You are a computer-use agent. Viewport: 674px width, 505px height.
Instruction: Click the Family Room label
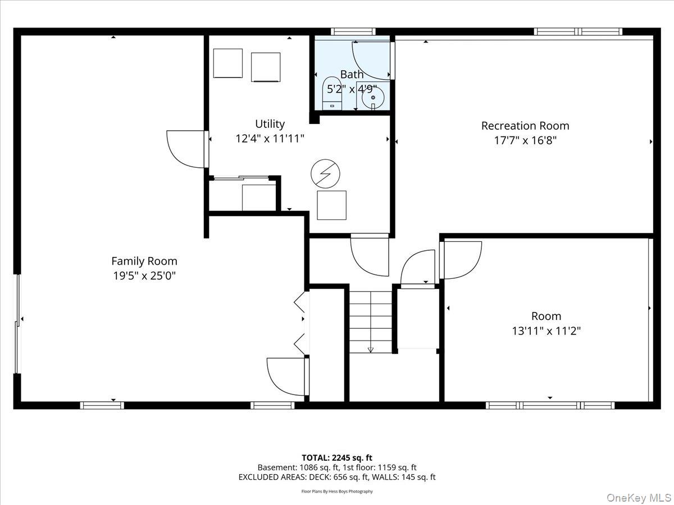pos(144,261)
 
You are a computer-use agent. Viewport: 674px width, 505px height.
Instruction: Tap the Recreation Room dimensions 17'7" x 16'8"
pos(525,140)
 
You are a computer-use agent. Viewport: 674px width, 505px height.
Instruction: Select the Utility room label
pos(270,124)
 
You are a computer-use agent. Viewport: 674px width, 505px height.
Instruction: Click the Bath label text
pos(352,75)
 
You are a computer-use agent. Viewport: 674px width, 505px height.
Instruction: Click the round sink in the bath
pos(373,98)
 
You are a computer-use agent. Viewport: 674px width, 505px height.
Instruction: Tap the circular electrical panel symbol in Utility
pos(325,173)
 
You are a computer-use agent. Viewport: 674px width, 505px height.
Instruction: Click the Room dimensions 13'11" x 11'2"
pos(546,331)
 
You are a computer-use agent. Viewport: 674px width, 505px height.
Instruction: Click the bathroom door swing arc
pos(371,59)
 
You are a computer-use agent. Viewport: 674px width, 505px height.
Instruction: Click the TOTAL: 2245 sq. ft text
pos(337,458)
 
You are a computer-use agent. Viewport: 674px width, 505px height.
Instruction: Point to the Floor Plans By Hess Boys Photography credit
pos(337,492)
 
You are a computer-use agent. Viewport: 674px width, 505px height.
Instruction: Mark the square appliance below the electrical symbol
pos(331,205)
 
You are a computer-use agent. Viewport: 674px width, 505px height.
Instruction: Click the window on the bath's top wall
pos(353,31)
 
